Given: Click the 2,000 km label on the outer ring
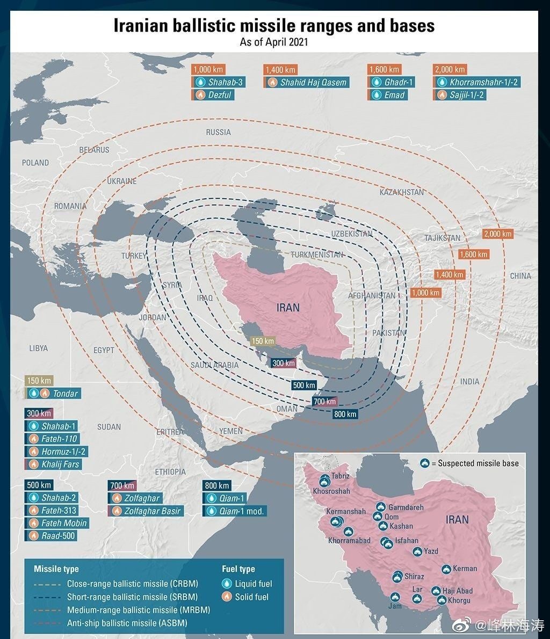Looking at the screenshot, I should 498,234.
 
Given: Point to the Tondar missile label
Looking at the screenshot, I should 65,394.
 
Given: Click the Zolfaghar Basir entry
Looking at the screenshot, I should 152,511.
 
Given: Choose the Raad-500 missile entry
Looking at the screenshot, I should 59,535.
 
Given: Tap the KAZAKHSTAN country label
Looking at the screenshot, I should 401,192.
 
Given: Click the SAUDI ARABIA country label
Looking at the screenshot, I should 214,365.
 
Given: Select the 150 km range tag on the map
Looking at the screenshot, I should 263,342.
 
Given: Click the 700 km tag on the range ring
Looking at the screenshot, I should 324,402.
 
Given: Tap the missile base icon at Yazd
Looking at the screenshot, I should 417,551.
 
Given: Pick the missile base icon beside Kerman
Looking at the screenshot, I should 446,569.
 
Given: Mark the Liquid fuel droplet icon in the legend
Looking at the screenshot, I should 227,584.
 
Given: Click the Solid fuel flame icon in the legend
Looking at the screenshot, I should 227,597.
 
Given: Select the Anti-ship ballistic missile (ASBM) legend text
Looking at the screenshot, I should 127,623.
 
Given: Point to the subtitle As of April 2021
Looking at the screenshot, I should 274,42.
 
